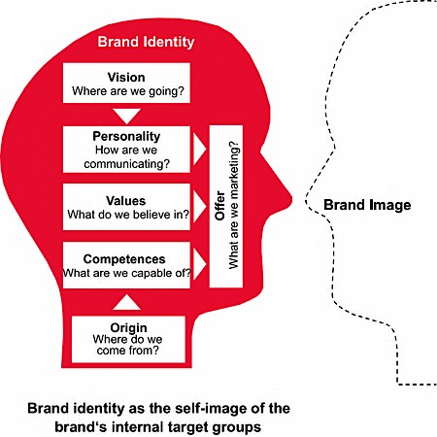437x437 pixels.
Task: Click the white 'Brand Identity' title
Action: point(146,42)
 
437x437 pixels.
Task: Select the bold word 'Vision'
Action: point(126,78)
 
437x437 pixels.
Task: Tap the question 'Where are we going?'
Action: point(128,91)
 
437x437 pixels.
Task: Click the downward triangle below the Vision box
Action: point(126,116)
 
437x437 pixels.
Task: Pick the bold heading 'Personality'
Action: point(126,136)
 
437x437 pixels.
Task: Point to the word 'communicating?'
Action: point(126,164)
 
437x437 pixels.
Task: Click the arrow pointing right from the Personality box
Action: point(199,149)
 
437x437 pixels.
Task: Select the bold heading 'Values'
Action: point(126,201)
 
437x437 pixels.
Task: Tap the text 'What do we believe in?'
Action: point(128,215)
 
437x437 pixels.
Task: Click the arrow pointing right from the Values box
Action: point(199,207)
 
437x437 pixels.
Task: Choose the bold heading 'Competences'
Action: point(124,259)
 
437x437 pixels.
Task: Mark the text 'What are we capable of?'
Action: point(127,273)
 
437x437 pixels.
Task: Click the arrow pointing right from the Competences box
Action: point(199,264)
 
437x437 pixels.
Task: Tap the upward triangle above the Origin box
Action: point(126,302)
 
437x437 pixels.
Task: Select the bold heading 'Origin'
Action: point(128,328)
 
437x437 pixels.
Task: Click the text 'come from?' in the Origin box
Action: point(128,351)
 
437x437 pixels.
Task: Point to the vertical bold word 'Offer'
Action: point(219,206)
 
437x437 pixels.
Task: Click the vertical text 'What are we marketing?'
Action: point(233,205)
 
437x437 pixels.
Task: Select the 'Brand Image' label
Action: point(367,205)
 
